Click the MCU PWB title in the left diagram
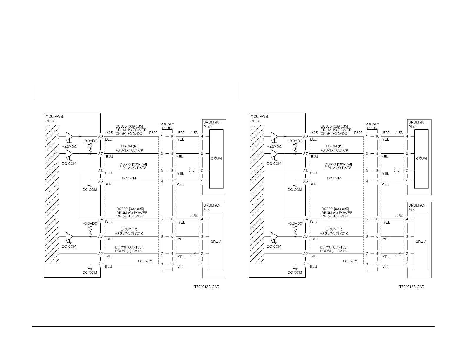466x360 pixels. tap(54, 116)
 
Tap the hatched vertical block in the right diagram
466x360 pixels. tap(257, 194)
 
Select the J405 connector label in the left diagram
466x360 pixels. tap(108, 133)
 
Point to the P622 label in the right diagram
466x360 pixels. tap(358, 133)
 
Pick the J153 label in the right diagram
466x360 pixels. tap(399, 133)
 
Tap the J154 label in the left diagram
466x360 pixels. tap(194, 216)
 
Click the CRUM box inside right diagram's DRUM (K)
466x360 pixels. tap(421, 158)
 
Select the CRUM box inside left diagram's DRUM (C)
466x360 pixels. tap(216, 242)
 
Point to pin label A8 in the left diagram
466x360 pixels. tap(100, 136)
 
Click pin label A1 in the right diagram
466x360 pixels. tap(305, 264)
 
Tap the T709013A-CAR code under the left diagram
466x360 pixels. tap(207, 287)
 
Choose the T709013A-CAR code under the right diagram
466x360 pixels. tap(412, 287)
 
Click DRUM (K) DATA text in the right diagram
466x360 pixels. tap(338, 168)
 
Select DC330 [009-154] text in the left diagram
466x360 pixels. tap(133, 164)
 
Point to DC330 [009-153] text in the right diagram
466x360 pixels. tap(333, 247)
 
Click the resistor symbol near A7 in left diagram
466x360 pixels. tap(90, 149)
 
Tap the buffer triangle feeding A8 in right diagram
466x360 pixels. tap(274, 136)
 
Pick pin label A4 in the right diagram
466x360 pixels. tap(305, 219)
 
